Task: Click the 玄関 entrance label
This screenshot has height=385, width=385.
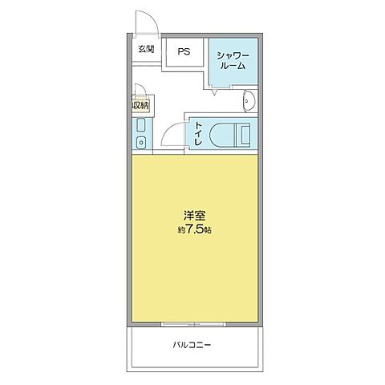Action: point(145,50)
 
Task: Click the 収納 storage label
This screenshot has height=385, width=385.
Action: point(140,104)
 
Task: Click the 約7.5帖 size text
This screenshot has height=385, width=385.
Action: point(196,229)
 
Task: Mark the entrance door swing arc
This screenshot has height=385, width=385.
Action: point(145,23)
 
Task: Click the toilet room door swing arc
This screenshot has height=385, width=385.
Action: point(174,134)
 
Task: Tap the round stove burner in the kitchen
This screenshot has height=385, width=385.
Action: point(140,144)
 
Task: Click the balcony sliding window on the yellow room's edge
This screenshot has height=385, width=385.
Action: point(196,324)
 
